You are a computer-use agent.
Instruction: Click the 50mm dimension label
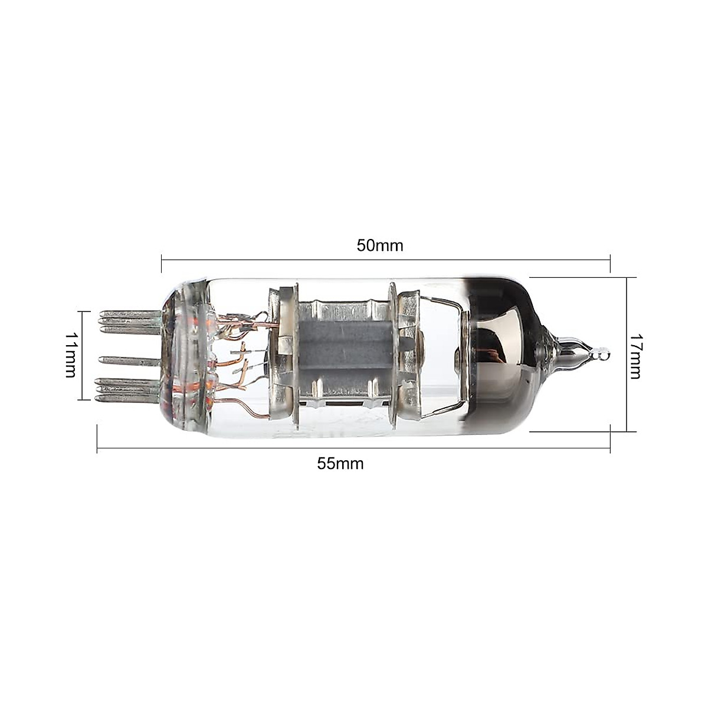pyautogui.click(x=379, y=245)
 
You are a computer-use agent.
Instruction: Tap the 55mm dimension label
pyautogui.click(x=340, y=463)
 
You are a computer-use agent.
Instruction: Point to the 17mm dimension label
pyautogui.click(x=635, y=356)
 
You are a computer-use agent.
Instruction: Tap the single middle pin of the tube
pyautogui.click(x=130, y=359)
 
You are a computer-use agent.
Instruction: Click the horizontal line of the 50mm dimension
pyautogui.click(x=383, y=259)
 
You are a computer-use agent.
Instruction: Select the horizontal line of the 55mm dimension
pyautogui.click(x=354, y=449)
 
